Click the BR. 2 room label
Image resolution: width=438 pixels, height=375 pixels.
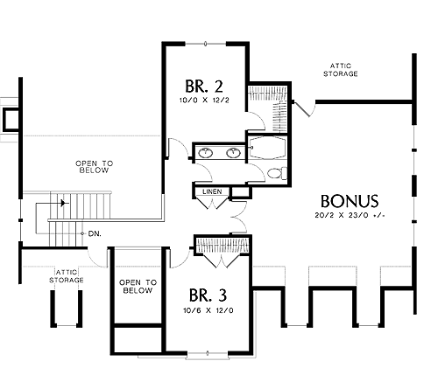coord(204,87)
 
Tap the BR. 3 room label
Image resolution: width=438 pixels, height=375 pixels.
coord(208,295)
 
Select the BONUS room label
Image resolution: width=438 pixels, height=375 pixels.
coord(350,201)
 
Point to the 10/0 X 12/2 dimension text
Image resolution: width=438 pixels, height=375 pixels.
coord(204,101)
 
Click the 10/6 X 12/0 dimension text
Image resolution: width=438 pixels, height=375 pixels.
coord(208,310)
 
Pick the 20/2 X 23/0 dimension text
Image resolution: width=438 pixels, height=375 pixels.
coord(350,215)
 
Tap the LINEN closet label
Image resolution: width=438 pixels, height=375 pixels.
coord(212,191)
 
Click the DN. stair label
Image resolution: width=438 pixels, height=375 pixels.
coord(95,233)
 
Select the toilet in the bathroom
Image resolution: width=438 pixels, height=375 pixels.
coord(277,174)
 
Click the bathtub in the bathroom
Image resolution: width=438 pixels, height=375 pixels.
coord(267,148)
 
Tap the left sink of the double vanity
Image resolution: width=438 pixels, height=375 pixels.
coord(206,152)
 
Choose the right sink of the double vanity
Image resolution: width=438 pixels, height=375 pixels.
coord(233,152)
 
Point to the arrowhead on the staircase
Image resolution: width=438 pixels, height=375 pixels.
coord(63,203)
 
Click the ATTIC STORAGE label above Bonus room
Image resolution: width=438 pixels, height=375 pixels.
coord(341,70)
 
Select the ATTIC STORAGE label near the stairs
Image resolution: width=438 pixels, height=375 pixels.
coord(67,276)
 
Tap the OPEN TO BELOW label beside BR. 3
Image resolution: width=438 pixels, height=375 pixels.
coord(138,287)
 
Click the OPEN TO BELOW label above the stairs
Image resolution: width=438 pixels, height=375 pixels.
coord(94,167)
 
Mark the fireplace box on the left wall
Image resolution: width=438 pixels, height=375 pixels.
coord(11,119)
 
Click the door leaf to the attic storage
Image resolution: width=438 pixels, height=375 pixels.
coord(301,109)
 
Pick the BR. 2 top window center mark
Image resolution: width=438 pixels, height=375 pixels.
coord(205,44)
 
